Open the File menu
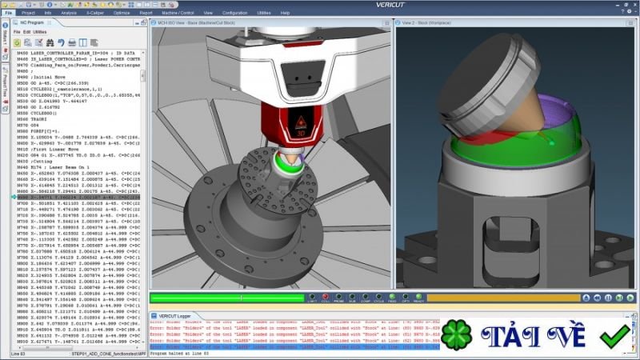click(x=9, y=14)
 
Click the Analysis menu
click(x=69, y=14)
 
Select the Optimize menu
click(x=122, y=14)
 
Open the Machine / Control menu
click(x=178, y=14)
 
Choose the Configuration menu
click(x=234, y=14)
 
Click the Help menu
click(x=285, y=14)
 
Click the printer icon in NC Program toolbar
click(x=71, y=42)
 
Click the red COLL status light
click(x=325, y=298)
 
